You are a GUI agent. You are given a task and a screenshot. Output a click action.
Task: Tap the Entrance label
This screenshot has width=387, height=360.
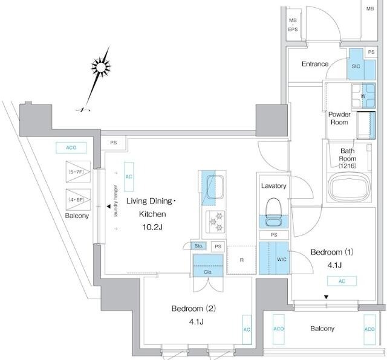coord(314,64)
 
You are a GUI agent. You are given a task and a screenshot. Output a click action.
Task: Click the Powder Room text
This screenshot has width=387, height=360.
coord(339,118)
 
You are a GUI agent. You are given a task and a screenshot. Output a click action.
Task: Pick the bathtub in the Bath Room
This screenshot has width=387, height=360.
coord(350,187)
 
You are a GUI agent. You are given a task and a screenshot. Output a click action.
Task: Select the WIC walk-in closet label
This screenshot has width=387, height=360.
coord(281,259)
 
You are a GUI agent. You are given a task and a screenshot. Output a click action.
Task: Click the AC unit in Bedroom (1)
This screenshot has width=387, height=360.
coord(342,280)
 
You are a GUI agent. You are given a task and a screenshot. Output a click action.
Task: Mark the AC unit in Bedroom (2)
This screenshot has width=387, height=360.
coord(247,329)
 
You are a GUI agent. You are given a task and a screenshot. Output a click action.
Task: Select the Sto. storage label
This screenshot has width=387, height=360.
coord(198,246)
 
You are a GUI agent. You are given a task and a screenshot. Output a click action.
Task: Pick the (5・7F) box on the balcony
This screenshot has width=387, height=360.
coord(77,172)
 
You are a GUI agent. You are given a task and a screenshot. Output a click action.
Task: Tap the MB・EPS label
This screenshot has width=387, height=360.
coord(293,24)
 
